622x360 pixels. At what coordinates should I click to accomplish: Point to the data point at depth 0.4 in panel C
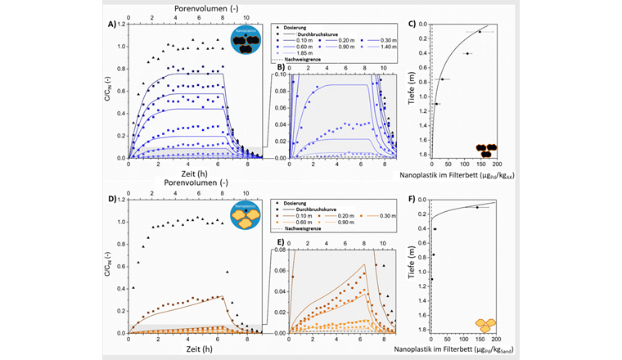(x=466, y=53)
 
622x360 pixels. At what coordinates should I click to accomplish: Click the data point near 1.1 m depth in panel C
(x=437, y=104)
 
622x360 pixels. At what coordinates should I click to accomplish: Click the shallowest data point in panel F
(x=476, y=207)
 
